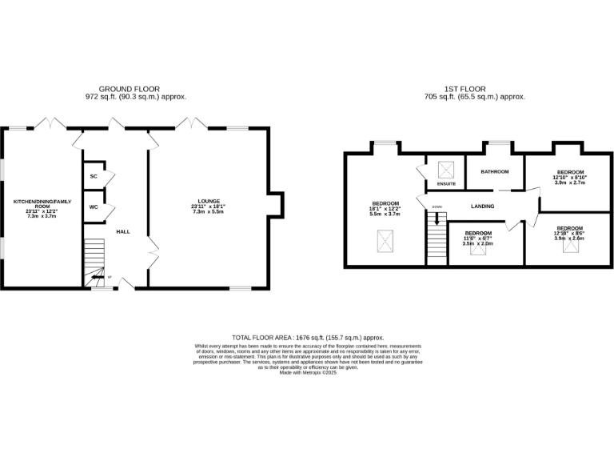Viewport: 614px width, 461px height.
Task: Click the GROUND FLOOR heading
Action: [129, 88]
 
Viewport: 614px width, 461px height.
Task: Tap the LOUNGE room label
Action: [209, 201]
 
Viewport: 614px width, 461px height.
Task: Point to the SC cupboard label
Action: [94, 176]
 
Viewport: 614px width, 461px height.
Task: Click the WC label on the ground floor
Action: [94, 206]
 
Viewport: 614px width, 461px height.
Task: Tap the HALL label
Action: [123, 231]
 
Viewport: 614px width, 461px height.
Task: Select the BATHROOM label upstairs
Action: [495, 172]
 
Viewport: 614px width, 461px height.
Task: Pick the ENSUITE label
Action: [446, 185]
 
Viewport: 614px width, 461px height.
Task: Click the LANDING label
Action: [481, 206]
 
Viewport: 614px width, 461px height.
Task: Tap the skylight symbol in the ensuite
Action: [445, 169]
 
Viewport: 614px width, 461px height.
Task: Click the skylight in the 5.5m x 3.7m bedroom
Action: [385, 239]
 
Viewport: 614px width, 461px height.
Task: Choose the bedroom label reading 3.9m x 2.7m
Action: [570, 177]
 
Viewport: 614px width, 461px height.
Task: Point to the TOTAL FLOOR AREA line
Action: [308, 338]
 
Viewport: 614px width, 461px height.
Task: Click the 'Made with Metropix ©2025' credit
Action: [308, 372]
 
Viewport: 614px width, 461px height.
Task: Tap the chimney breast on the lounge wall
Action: [277, 205]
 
